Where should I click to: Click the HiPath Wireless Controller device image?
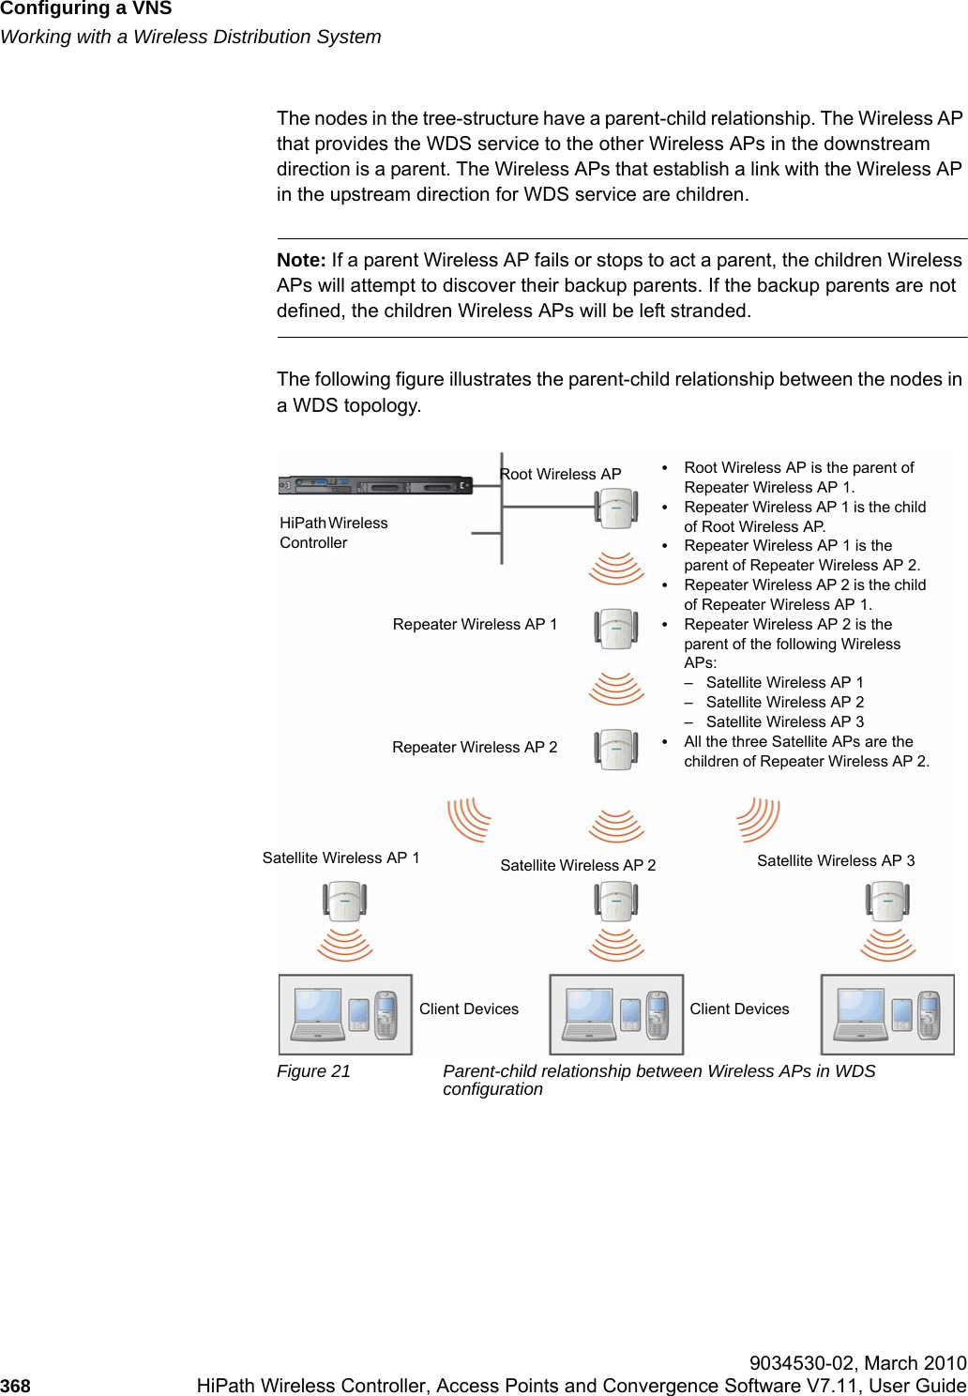pos(375,486)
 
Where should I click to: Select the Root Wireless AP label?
pos(561,474)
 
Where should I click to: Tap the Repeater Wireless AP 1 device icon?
pos(616,629)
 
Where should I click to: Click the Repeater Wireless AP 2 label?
pos(475,747)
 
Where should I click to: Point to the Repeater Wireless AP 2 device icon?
pos(616,750)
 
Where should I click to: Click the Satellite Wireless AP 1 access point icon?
pos(345,902)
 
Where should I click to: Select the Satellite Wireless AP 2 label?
pos(578,865)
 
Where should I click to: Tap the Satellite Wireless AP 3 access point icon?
pos(887,902)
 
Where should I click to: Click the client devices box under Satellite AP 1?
pos(345,1014)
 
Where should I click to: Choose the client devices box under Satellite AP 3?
pos(887,1014)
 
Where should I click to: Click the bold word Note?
pos(301,260)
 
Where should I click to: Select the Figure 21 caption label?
pos(313,1071)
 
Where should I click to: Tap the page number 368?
pos(15,1386)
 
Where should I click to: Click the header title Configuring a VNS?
pos(86,9)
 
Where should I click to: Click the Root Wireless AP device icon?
pos(616,508)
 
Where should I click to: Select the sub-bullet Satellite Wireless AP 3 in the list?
pos(784,721)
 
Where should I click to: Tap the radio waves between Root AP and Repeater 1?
pos(616,569)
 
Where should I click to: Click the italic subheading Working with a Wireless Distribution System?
pos(190,37)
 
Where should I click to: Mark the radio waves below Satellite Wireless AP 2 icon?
pos(616,944)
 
